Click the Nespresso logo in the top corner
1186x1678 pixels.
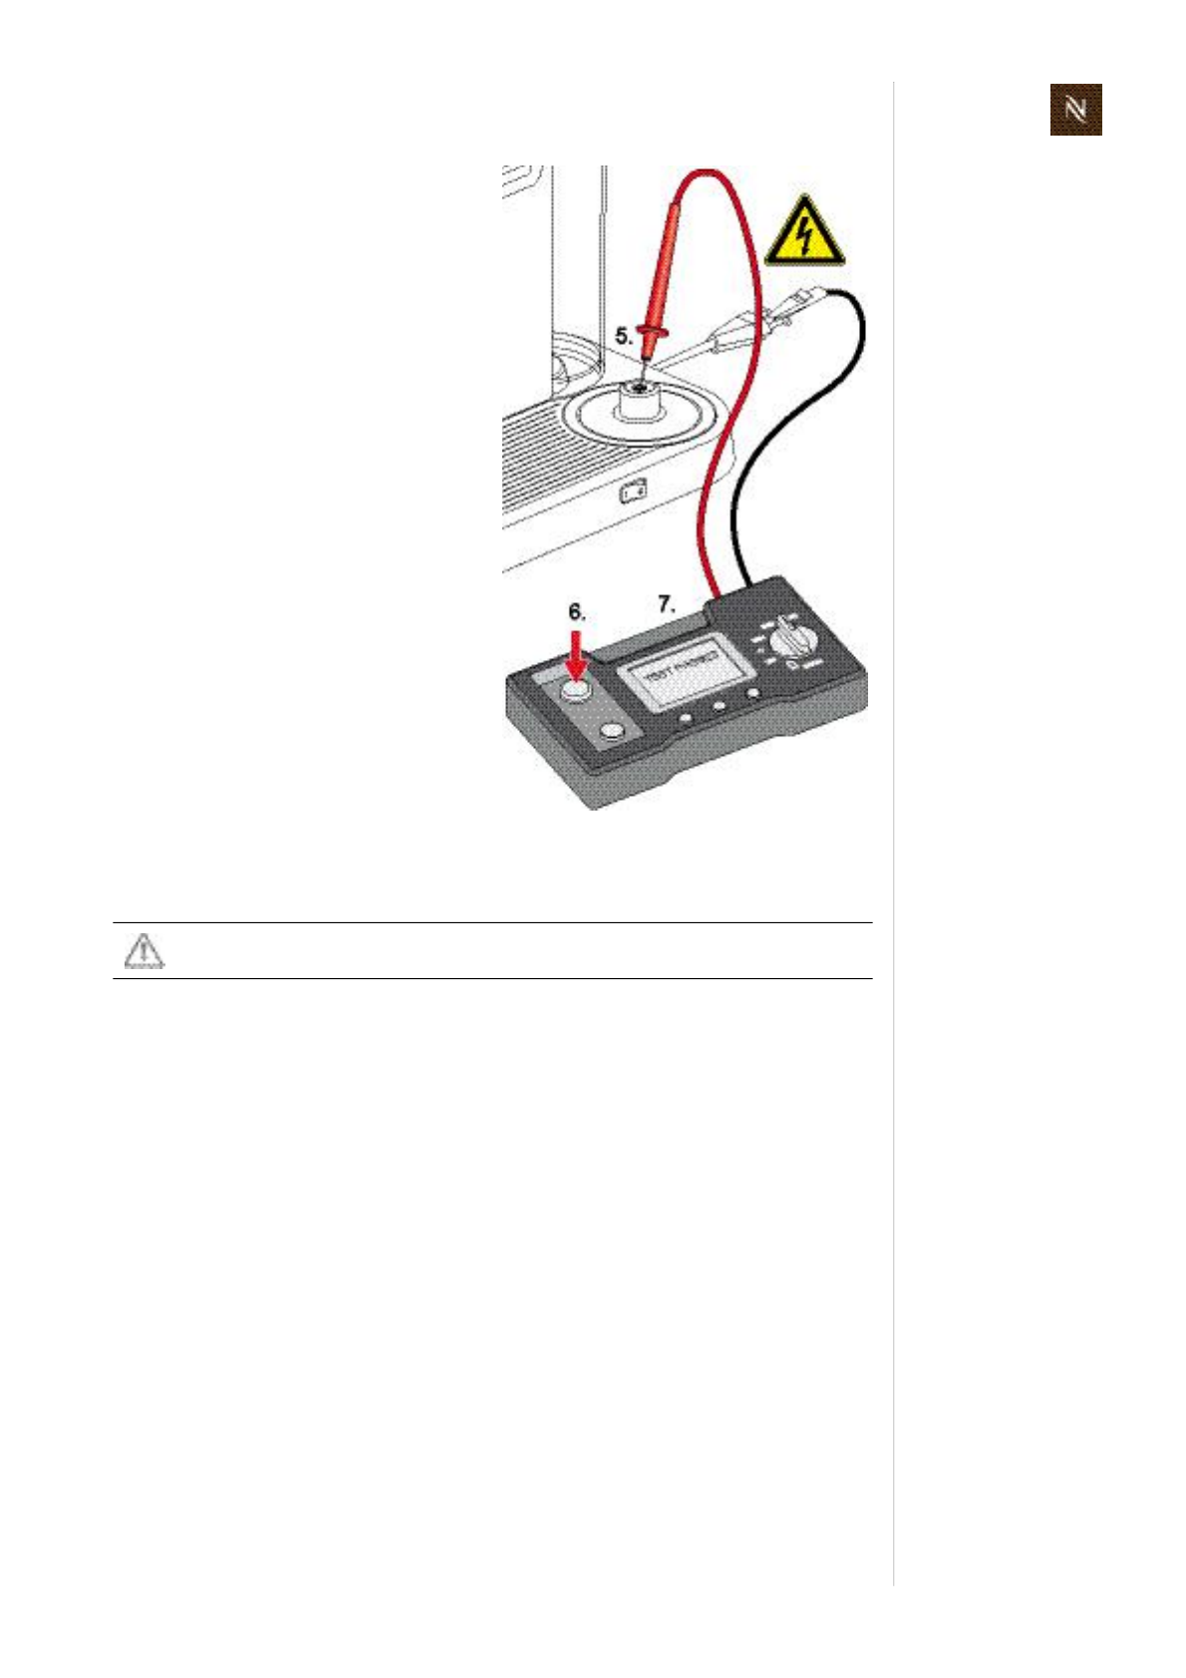click(x=1075, y=110)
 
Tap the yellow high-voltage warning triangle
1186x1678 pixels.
click(x=804, y=234)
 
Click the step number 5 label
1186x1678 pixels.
click(x=623, y=336)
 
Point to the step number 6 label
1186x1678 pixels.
click(x=577, y=612)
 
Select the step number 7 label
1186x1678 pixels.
click(x=666, y=603)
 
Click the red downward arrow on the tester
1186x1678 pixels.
click(x=576, y=656)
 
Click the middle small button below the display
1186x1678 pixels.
click(x=719, y=706)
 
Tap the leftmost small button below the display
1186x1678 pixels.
click(x=685, y=718)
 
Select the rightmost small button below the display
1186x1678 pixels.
click(x=753, y=694)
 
